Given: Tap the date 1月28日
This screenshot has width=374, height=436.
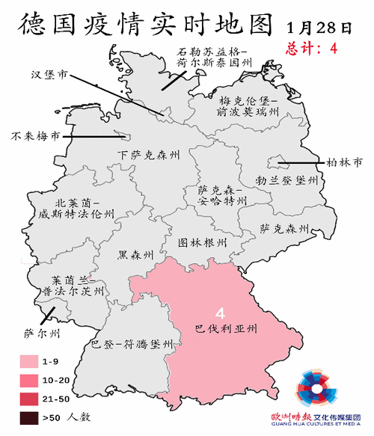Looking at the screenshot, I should point(319,28).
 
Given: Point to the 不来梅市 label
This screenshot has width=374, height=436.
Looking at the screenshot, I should point(34,138).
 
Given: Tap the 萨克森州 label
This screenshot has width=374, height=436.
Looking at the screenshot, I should point(284,227).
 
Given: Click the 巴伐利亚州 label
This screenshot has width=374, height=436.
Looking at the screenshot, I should point(226,328).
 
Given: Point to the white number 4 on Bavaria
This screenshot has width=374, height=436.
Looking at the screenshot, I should point(221,312).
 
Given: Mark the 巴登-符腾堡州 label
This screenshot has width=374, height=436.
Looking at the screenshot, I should point(132,345).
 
